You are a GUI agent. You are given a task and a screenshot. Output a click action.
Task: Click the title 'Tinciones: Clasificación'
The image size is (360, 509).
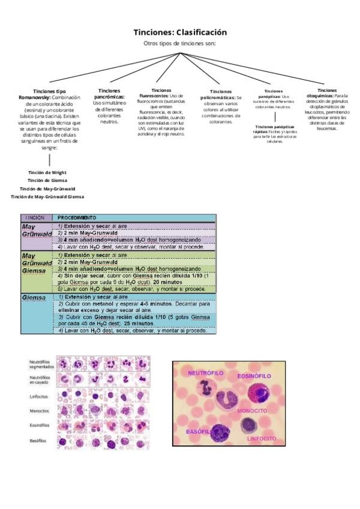coord(180,32)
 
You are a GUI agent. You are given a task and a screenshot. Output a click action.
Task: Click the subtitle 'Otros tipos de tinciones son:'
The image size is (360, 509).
coord(180,44)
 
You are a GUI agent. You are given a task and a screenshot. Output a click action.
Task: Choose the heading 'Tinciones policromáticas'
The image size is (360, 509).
coord(221,94)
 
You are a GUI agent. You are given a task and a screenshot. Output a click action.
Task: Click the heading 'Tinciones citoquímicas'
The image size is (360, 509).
coord(326,92)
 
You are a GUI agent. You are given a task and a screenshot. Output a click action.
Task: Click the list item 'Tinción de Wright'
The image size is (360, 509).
coord(47,172)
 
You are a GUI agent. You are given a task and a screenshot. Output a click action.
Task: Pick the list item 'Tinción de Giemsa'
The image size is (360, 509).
coord(47,180)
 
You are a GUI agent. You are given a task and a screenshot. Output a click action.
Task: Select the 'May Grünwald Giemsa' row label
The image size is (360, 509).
coord(37,262)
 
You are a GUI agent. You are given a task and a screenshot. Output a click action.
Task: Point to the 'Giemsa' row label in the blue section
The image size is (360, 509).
coord(34,298)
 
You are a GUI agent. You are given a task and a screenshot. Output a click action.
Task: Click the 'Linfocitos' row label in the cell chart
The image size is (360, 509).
coord(40,397)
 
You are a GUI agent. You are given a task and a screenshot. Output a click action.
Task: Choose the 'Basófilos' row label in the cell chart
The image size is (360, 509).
coord(40,441)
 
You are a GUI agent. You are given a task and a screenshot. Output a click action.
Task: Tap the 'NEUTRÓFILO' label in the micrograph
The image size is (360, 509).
coord(206,373)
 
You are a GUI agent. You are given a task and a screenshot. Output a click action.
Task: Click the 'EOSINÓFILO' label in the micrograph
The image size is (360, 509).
coord(254,376)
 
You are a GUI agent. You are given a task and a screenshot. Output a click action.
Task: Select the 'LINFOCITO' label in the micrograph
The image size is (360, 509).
coord(262,439)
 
